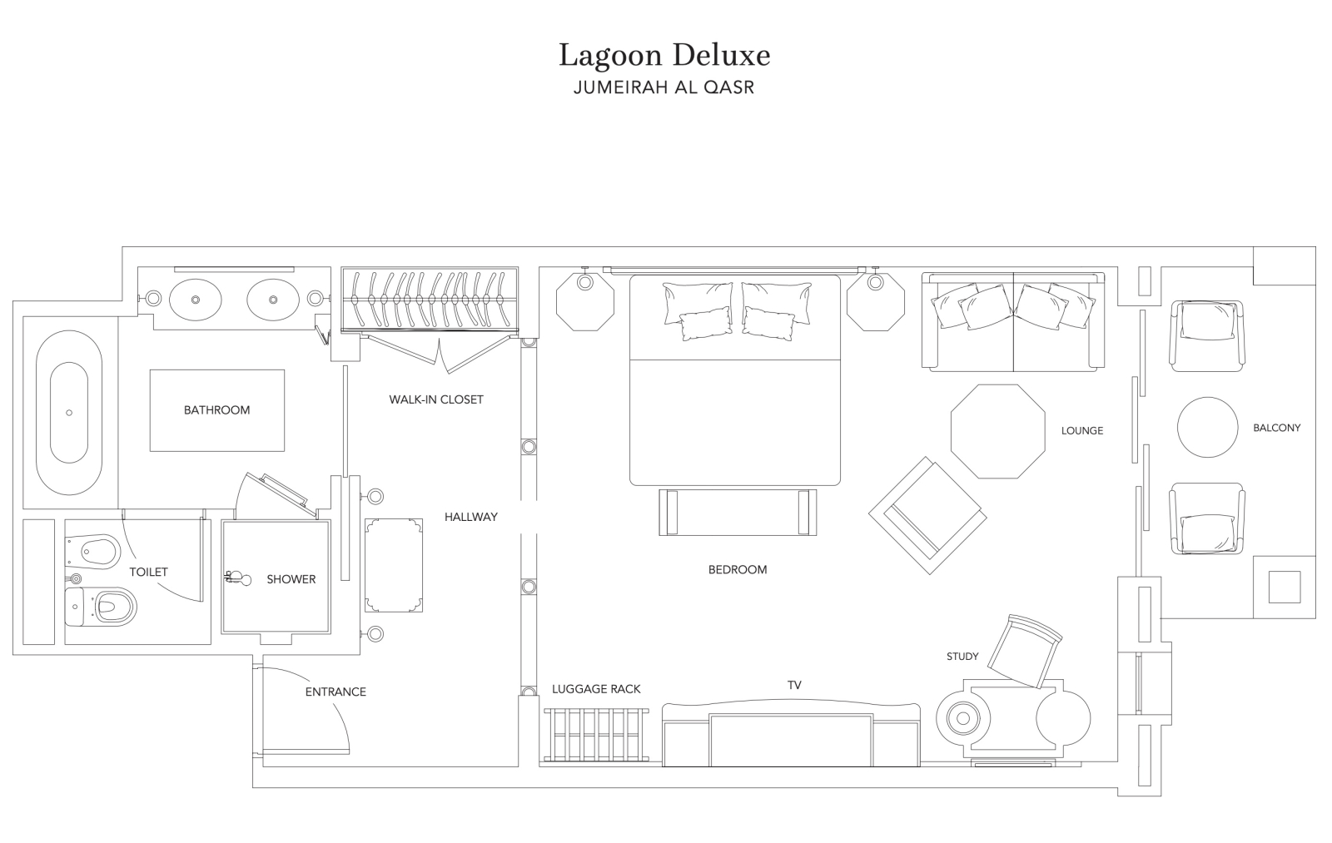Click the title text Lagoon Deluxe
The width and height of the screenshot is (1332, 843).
[x=664, y=55]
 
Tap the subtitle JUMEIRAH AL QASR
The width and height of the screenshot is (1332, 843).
[x=664, y=87]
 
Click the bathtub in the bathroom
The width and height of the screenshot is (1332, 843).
[x=69, y=413]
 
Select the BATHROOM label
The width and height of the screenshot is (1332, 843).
[x=216, y=410]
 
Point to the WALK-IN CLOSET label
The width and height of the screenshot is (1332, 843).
[x=436, y=399]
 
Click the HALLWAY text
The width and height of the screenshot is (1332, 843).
[x=471, y=518]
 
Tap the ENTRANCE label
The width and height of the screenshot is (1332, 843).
[x=335, y=692]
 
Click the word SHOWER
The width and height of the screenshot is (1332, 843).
[x=291, y=579]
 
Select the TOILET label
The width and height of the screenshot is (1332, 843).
[x=149, y=572]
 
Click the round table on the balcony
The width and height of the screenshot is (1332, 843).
[x=1207, y=427]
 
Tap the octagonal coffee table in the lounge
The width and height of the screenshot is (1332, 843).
[x=997, y=431]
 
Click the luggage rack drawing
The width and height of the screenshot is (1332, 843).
[x=596, y=735]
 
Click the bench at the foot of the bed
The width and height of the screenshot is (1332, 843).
[x=738, y=512]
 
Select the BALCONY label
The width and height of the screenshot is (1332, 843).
[x=1277, y=428]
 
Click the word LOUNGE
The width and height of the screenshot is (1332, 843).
[x=1081, y=431]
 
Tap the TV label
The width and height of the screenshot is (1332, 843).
[x=794, y=686]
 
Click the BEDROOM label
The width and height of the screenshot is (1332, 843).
[x=738, y=569]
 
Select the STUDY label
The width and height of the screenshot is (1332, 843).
[x=962, y=657]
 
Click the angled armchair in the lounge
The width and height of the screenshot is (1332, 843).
[x=927, y=515]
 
